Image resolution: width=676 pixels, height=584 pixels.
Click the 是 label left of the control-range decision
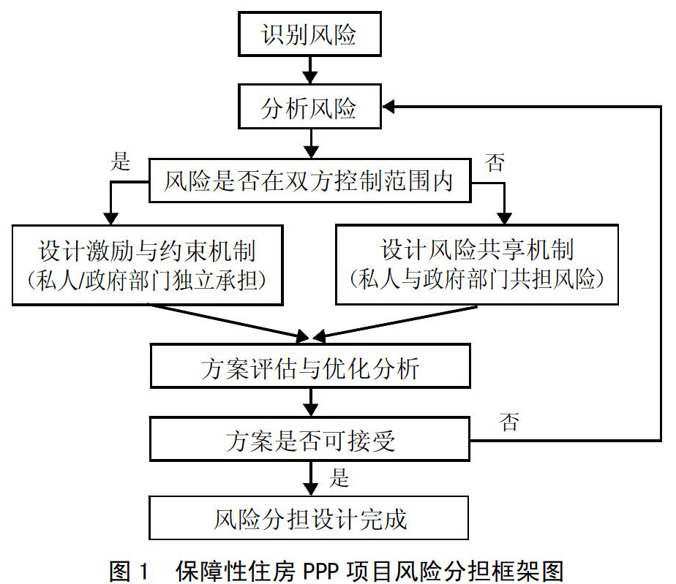tap(120, 161)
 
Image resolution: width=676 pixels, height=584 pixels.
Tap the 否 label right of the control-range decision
tap(495, 163)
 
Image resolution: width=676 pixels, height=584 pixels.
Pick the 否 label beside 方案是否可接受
tap(509, 422)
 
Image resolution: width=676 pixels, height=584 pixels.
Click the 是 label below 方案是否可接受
tap(339, 477)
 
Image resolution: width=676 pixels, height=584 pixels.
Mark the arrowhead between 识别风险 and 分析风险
tap(310, 77)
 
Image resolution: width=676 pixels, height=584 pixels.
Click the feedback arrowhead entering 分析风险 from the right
tap(388, 107)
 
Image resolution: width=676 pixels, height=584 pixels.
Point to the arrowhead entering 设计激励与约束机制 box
tap(110, 219)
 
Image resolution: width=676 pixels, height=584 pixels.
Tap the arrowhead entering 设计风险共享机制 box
tap(504, 218)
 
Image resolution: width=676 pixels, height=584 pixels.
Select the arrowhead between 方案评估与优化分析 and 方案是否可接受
tap(310, 409)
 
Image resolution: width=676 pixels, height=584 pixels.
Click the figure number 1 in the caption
tap(144, 572)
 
